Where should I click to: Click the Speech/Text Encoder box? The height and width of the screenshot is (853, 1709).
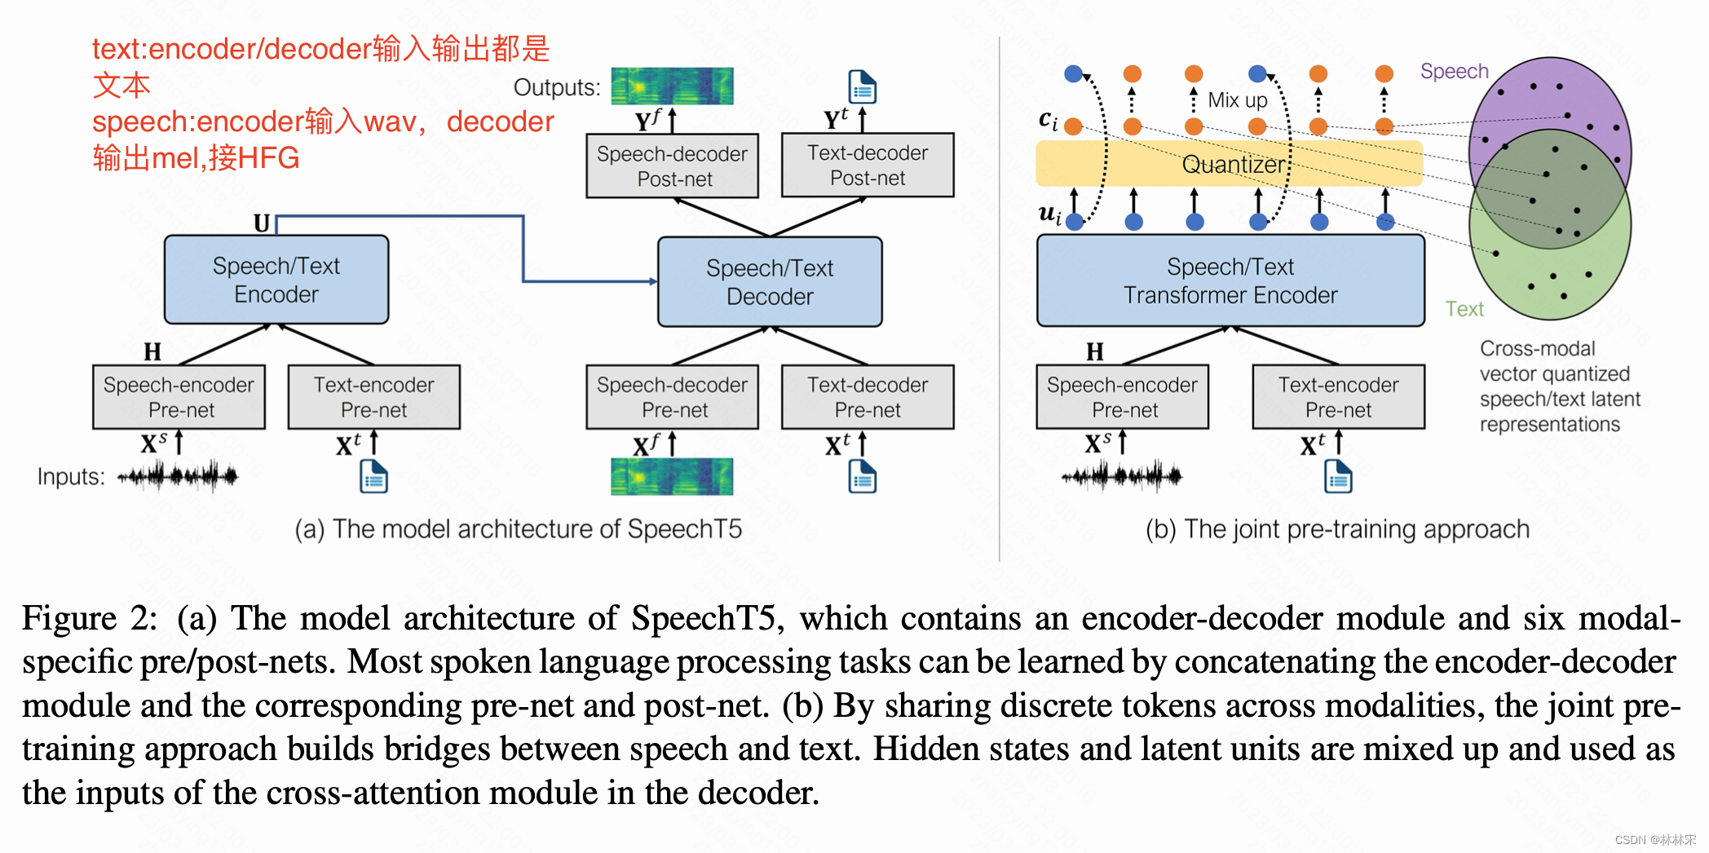point(276,280)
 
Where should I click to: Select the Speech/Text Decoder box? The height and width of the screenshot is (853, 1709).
point(770,282)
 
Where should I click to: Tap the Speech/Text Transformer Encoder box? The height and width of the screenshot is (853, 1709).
point(1230,281)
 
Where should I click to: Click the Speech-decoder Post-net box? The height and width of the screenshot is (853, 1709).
point(673,166)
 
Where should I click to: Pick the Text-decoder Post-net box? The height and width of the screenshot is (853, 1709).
point(868,165)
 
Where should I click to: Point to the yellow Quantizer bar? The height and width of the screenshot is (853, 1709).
point(1229,164)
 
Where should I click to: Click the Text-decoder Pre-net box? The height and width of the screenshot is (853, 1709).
point(868,396)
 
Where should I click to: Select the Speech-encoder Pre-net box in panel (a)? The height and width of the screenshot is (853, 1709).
point(179,396)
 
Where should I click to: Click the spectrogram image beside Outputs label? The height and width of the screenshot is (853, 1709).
point(672,86)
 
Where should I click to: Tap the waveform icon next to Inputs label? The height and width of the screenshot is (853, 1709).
point(178,475)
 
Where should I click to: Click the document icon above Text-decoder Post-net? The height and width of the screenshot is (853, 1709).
point(862,86)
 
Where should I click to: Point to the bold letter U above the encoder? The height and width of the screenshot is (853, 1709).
point(262,223)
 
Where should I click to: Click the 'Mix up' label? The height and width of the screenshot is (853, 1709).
point(1237,100)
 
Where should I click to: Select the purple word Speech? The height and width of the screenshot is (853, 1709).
point(1454,71)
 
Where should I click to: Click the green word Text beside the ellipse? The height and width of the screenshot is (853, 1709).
point(1464,309)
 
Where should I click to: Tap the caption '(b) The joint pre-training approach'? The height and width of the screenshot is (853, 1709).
point(1337,529)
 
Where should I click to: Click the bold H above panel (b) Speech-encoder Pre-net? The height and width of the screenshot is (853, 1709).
point(1094,351)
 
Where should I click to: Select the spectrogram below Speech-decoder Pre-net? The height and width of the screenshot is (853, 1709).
point(672,476)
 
